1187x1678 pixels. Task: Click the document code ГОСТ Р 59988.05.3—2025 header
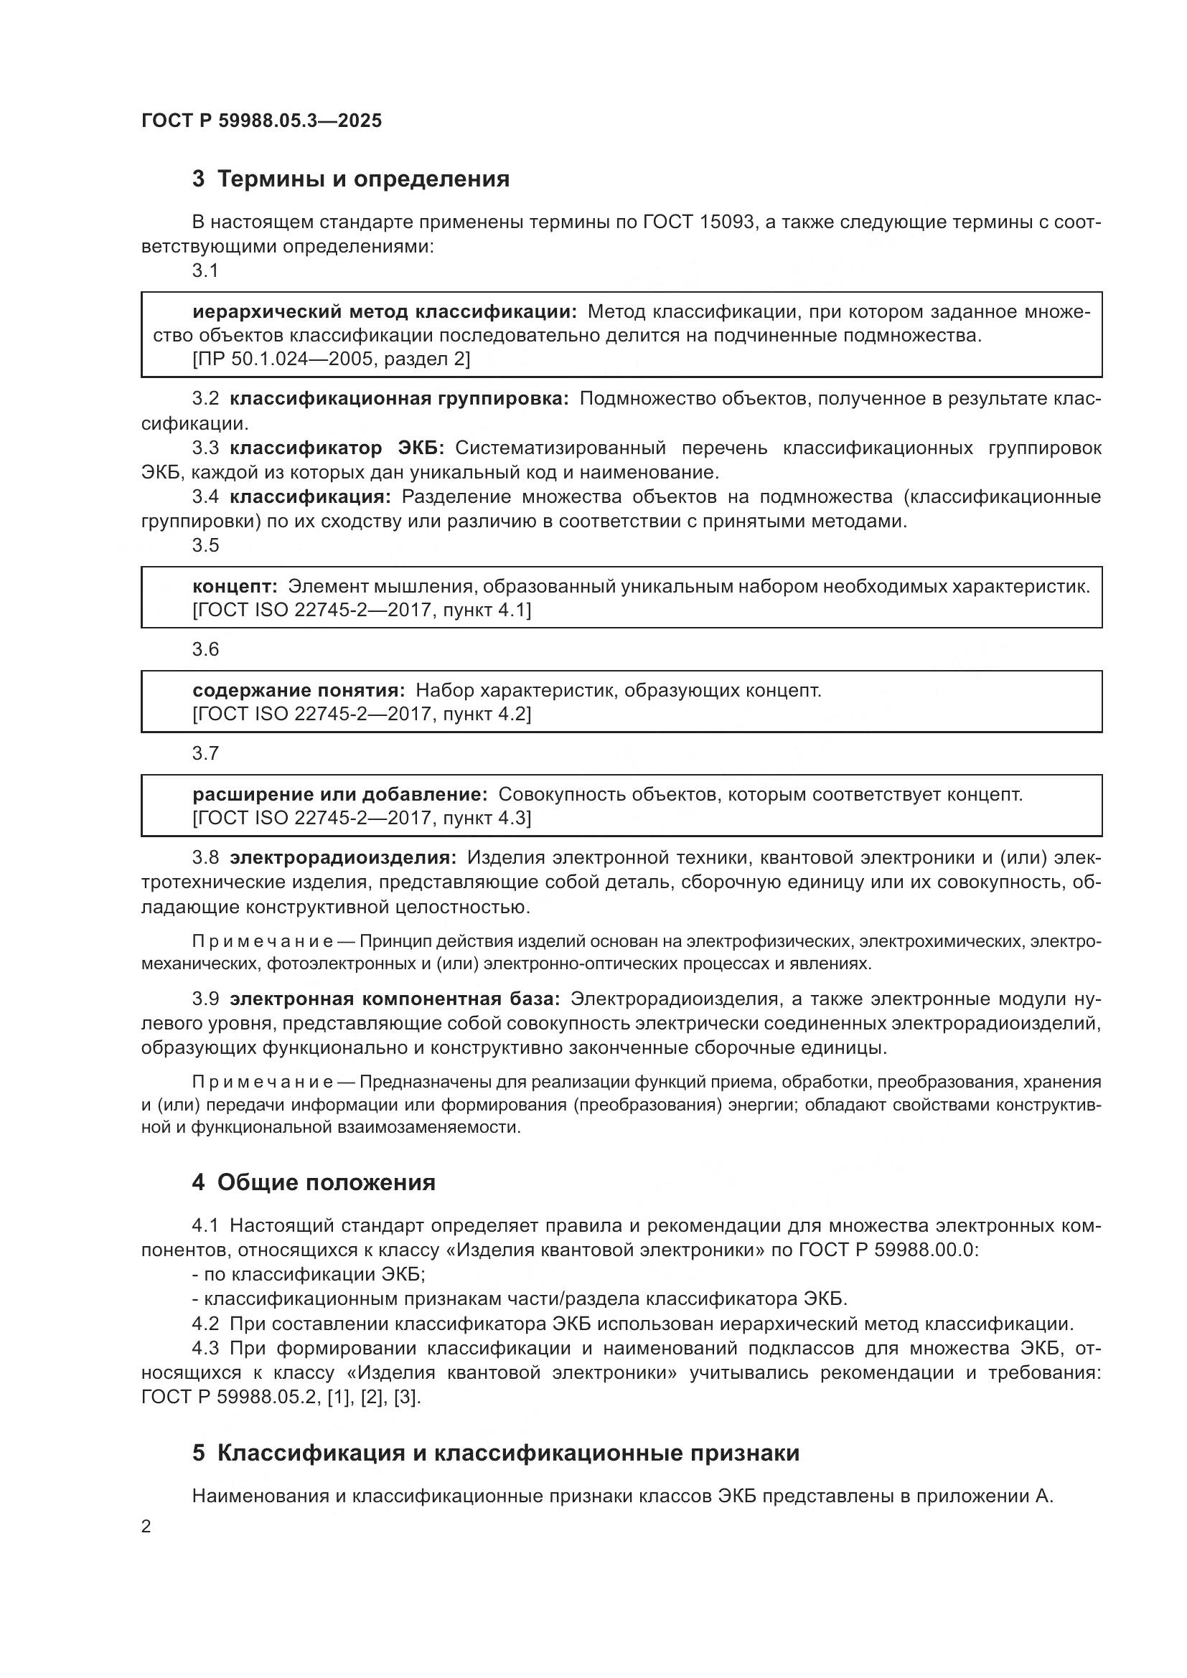261,121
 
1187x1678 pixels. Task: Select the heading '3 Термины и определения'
351,179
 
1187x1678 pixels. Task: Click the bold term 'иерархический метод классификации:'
385,312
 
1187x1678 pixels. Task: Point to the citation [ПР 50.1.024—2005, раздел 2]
331,359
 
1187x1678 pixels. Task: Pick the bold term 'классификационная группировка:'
399,399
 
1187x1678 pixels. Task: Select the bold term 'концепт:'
235,586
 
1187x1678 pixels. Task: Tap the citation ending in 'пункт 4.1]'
362,610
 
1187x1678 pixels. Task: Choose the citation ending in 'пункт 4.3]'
362,818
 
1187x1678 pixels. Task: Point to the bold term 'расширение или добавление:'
340,794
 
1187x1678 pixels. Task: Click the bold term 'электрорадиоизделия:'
343,857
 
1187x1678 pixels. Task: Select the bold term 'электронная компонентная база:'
395,999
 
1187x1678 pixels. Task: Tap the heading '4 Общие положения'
314,1182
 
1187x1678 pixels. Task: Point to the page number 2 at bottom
146,1526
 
